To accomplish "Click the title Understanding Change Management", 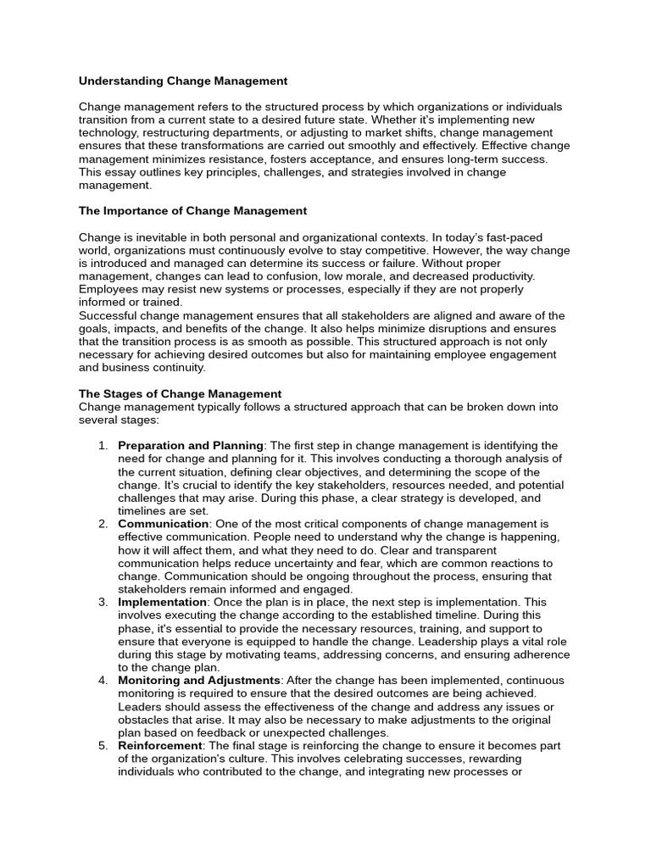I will (x=183, y=81).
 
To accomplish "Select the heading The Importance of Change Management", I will (x=192, y=211).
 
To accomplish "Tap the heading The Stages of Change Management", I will (x=180, y=394).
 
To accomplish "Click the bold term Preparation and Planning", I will (x=191, y=446).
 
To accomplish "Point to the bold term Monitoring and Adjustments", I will (x=198, y=681).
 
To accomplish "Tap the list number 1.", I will (x=103, y=446).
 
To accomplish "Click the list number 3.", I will (x=103, y=602).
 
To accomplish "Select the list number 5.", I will (x=103, y=746).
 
